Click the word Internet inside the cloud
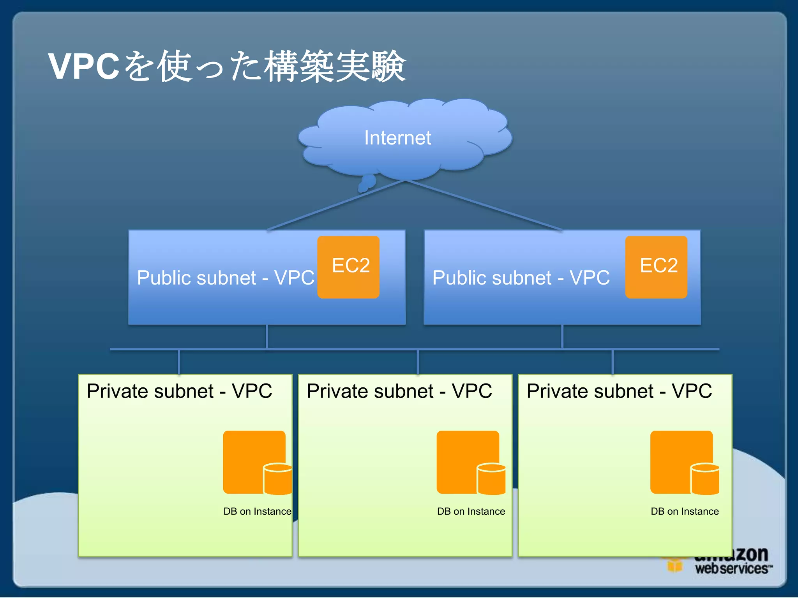[397, 138]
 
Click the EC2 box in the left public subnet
[348, 267]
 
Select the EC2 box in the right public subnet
[656, 267]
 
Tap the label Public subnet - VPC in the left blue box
[225, 278]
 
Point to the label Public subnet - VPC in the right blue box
[521, 278]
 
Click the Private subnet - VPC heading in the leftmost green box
[179, 391]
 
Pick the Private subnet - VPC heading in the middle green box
[399, 391]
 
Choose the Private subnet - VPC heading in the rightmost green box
[619, 391]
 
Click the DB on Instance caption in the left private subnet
[257, 511]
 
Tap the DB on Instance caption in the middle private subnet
[471, 511]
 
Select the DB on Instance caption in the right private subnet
[685, 511]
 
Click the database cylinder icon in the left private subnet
[278, 479]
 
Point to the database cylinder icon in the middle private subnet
[491, 479]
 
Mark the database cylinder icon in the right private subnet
[705, 479]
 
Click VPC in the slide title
[84, 66]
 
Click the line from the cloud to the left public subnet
[335, 206]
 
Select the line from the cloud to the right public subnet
[483, 206]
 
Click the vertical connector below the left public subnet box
[267, 336]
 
